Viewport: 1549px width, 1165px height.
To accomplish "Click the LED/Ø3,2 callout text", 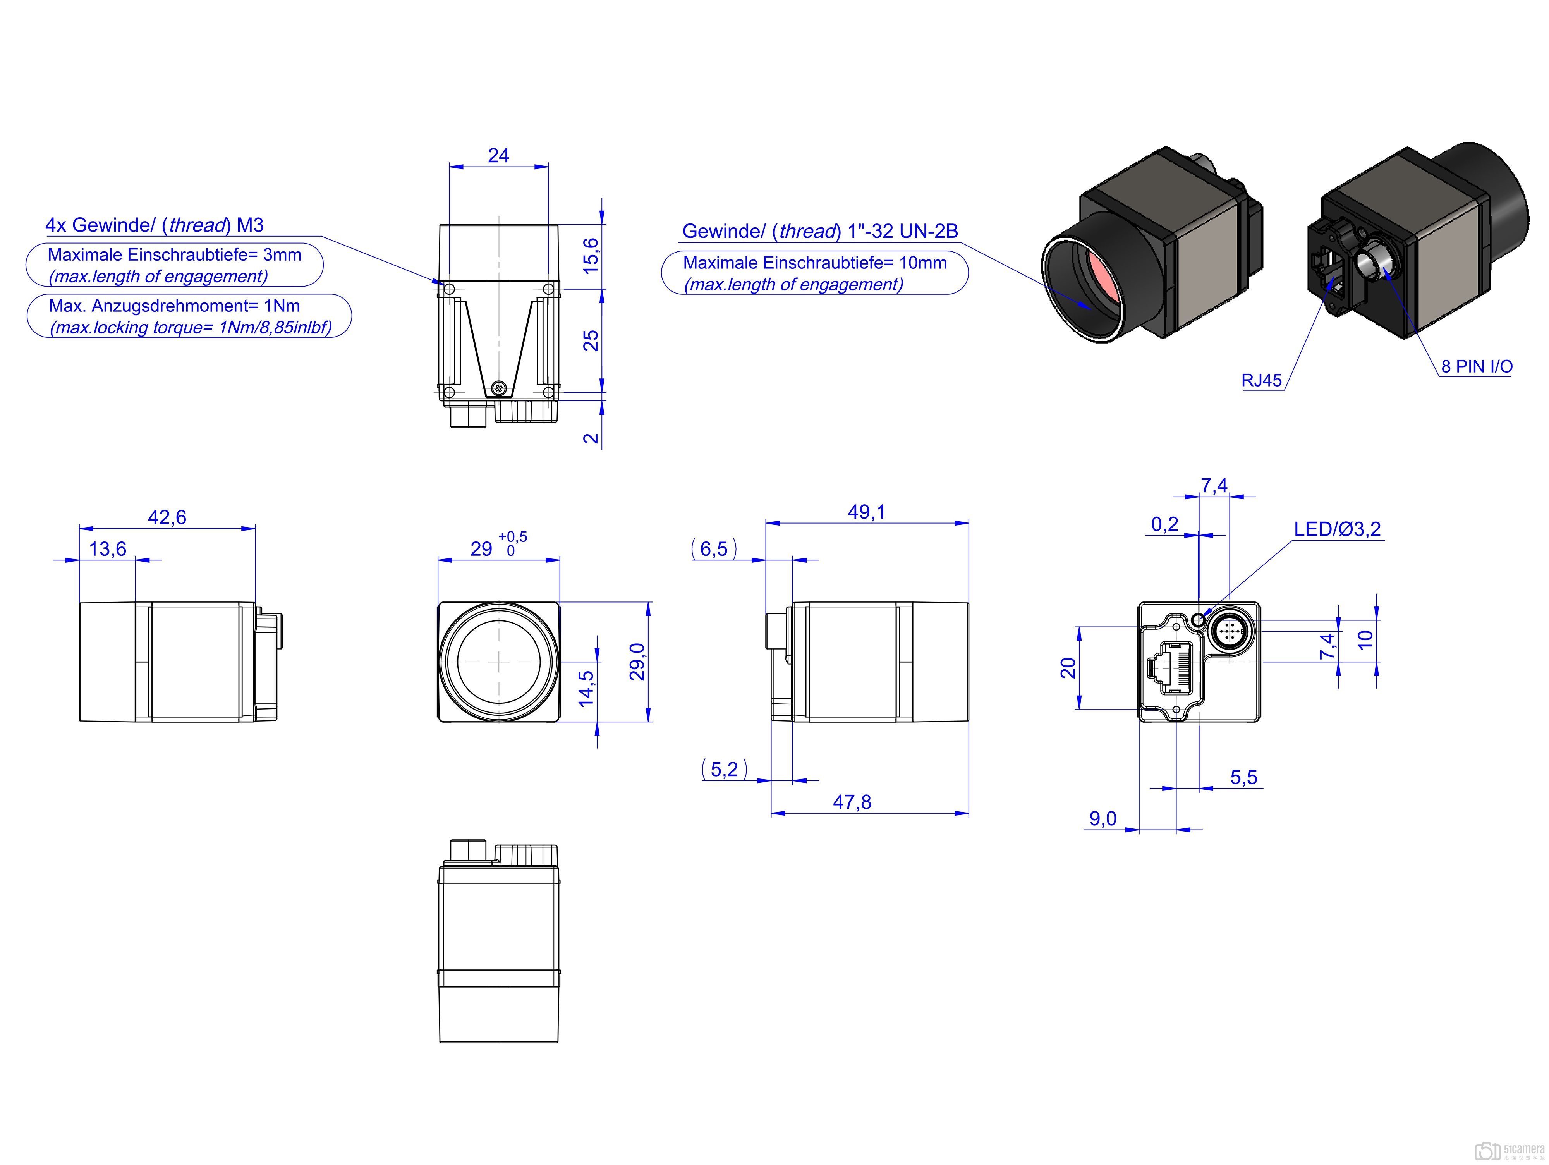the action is [1338, 529].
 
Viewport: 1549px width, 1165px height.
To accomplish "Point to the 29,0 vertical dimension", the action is [637, 662].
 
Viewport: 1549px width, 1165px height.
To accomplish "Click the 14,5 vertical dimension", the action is [586, 688].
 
